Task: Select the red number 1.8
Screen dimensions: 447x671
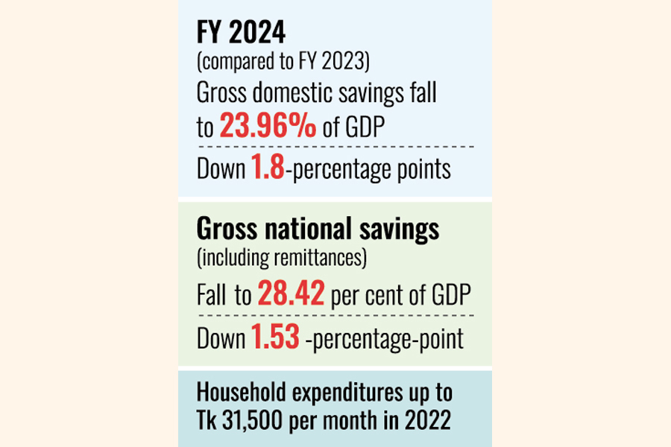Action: coord(265,170)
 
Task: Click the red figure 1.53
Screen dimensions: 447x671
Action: coord(274,338)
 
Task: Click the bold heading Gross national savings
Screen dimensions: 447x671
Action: coord(318,229)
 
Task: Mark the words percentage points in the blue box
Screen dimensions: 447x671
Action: coord(369,170)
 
